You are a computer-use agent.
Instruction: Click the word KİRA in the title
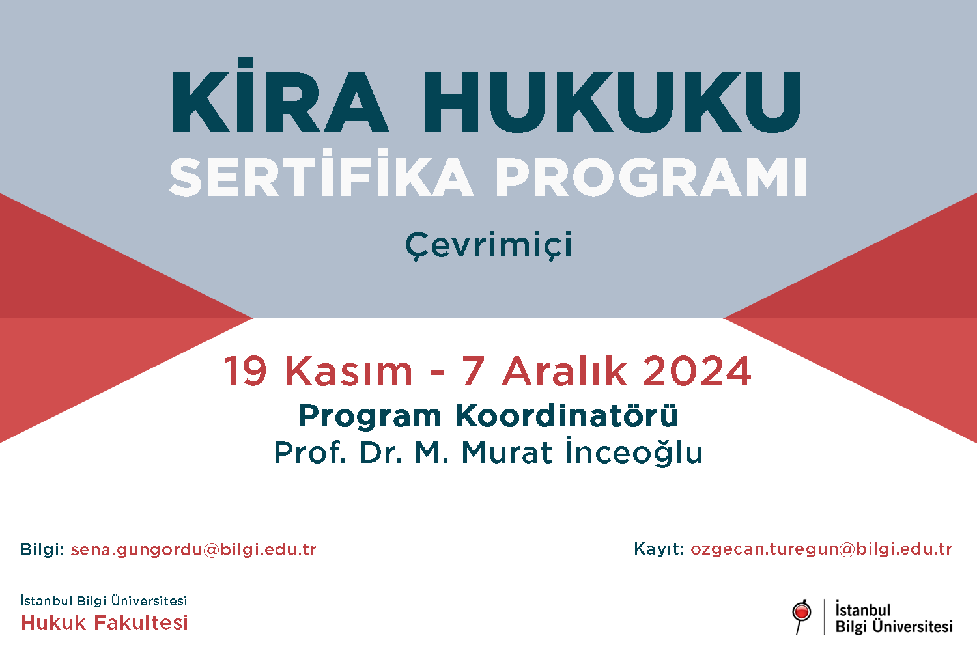click(279, 94)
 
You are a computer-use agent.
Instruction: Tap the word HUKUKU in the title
click(612, 102)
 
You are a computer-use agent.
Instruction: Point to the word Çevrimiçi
click(488, 245)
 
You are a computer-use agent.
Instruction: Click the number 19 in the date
click(245, 371)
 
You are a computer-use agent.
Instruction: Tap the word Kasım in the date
click(348, 371)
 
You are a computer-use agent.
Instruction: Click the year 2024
click(697, 371)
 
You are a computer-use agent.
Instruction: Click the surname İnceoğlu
click(634, 452)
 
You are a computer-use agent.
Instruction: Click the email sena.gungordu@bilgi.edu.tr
click(193, 549)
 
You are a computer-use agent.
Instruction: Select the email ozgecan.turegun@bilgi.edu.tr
click(821, 549)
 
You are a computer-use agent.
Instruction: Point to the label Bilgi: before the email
click(42, 549)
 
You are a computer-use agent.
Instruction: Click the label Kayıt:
click(658, 549)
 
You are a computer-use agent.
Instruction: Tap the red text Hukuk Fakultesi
click(104, 622)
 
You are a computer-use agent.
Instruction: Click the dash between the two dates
click(437, 372)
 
